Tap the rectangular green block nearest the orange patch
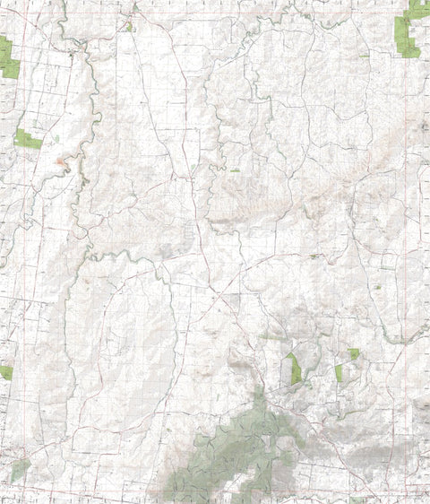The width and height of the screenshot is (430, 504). [x=28, y=139]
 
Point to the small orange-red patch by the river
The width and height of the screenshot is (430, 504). [x=60, y=161]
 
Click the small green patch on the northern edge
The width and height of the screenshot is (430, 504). [x=129, y=26]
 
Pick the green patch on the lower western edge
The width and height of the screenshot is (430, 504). [x=5, y=372]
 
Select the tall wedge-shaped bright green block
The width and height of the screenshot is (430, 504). [x=294, y=368]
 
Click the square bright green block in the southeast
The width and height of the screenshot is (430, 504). [x=354, y=354]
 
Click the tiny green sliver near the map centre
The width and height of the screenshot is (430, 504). [x=235, y=170]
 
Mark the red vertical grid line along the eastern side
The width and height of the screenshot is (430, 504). [x=418, y=224]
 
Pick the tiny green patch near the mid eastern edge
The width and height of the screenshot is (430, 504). [x=377, y=288]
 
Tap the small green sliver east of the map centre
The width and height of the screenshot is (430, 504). [x=314, y=256]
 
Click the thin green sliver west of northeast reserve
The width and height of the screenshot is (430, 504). [x=363, y=56]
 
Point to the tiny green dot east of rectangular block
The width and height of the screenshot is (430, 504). [x=55, y=139]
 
